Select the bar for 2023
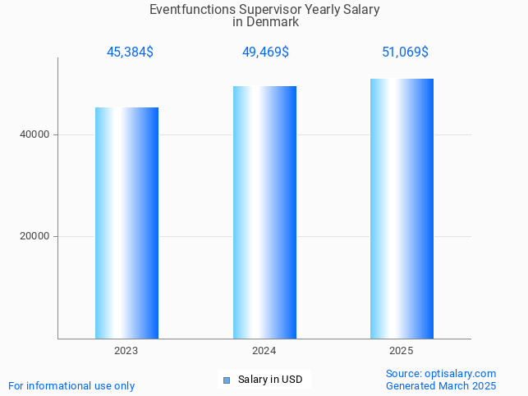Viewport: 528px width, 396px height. point(126,222)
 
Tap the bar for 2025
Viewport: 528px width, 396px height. point(402,208)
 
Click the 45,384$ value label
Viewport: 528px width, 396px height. point(130,52)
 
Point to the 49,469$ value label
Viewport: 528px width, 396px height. point(265,52)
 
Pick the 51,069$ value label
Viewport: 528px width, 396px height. point(405,52)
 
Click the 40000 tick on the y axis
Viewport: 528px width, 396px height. point(34,134)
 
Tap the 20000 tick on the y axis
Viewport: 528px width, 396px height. point(34,236)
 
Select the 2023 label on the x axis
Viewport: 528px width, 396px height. point(126,351)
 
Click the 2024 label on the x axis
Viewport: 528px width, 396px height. point(264,351)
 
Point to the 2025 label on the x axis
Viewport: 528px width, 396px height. point(402,351)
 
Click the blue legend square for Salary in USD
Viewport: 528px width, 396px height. point(227,380)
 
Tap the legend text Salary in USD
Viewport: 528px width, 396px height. point(270,380)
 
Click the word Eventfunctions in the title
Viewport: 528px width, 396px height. point(187,10)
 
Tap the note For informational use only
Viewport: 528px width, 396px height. point(71,385)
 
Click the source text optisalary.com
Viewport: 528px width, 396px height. point(461,374)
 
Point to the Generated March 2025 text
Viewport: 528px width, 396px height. point(441,385)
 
